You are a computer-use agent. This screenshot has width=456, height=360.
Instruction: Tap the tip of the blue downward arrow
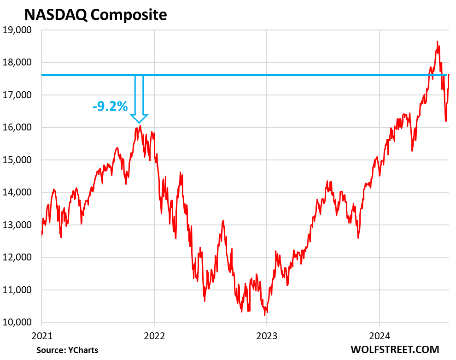tap(139, 122)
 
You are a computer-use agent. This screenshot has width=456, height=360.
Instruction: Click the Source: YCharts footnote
tap(67, 350)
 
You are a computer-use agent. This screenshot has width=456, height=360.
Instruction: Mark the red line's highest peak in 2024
tap(437, 41)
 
